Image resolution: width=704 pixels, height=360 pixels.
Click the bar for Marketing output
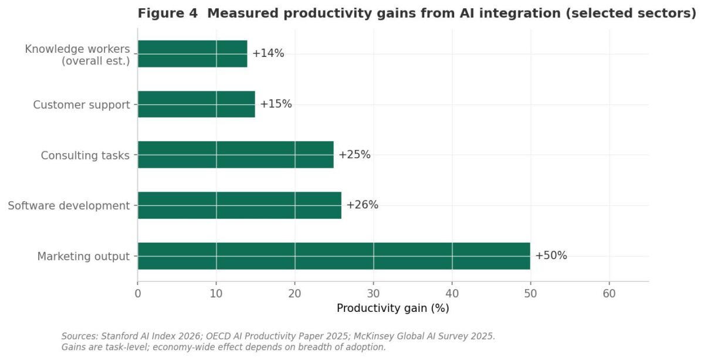pos(334,256)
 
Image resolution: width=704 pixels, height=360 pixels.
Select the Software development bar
pos(239,205)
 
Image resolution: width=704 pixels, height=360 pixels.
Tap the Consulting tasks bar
pos(236,155)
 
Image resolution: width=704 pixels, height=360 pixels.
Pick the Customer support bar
pos(197,104)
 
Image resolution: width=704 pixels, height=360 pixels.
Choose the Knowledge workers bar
pos(192,54)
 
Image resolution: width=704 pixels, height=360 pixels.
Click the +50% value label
pos(551,256)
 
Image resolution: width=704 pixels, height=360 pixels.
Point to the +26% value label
pos(362,205)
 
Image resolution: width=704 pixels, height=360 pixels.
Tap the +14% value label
pos(268,53)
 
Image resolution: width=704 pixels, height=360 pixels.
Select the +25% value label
pos(354,155)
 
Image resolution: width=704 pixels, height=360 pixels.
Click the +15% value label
pos(276,104)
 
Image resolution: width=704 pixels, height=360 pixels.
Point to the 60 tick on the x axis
pos(609,294)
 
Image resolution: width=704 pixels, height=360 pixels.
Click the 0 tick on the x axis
pos(138,294)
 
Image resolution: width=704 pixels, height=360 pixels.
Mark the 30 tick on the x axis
pos(373,294)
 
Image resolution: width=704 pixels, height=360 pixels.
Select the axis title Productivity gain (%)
pos(393,308)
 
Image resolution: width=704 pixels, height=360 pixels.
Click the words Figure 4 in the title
pos(168,13)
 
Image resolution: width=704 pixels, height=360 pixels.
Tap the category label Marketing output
pos(83,256)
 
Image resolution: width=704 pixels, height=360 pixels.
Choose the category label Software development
pos(69,206)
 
